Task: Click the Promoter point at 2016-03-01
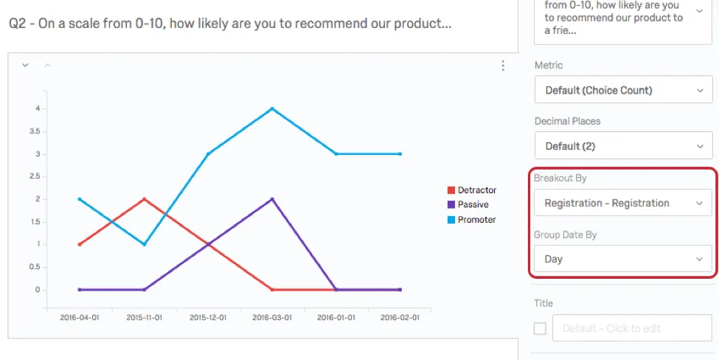point(272,108)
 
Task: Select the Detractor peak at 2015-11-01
point(144,199)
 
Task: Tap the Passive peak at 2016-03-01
point(272,199)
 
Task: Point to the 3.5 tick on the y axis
point(36,131)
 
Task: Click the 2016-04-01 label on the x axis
point(79,318)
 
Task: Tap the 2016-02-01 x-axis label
point(400,318)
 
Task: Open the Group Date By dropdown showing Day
point(622,259)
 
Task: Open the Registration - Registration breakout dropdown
point(622,203)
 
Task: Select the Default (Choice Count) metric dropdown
point(622,91)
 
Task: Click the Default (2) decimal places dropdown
point(622,146)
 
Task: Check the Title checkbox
point(540,328)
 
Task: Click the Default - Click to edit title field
point(632,328)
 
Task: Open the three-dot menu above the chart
point(503,66)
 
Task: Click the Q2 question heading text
point(230,24)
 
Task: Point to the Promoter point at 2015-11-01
point(144,244)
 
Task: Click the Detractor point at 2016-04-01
point(79,244)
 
